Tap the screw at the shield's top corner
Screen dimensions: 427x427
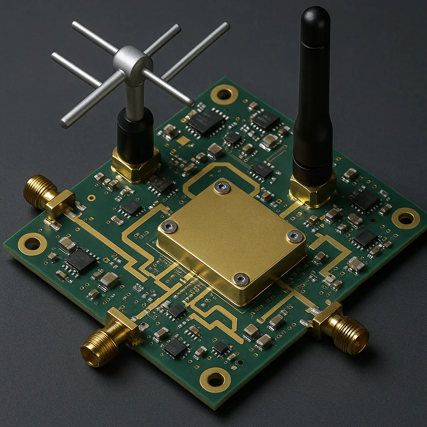point(222,187)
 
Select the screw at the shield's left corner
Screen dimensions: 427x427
point(169,227)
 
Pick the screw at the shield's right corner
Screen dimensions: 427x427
point(295,236)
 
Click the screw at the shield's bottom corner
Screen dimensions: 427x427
point(241,279)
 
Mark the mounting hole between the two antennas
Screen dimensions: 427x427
point(224,95)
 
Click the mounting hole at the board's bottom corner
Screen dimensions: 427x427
point(215,379)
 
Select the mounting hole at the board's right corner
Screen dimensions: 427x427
point(405,218)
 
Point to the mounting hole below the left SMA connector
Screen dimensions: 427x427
point(32,244)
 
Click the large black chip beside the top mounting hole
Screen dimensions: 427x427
point(206,121)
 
